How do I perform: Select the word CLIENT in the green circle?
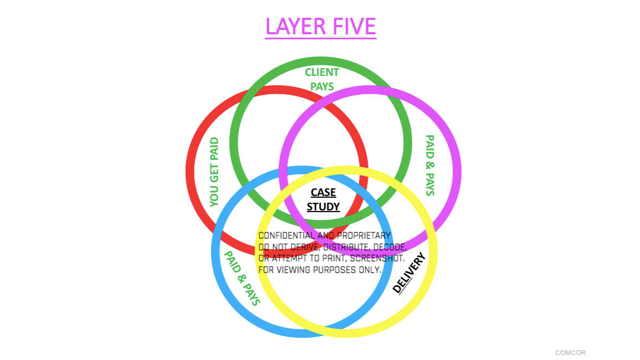coord(322,72)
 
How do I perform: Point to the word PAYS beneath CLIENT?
coord(322,86)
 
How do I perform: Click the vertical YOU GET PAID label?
coord(214,172)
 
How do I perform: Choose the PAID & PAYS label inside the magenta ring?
coord(429,165)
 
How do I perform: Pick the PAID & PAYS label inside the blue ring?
coord(242,278)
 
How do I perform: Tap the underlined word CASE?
coord(323,192)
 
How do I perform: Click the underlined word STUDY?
coord(323,207)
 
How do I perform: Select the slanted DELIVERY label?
coord(409,272)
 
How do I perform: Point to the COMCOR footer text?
coord(570,353)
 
